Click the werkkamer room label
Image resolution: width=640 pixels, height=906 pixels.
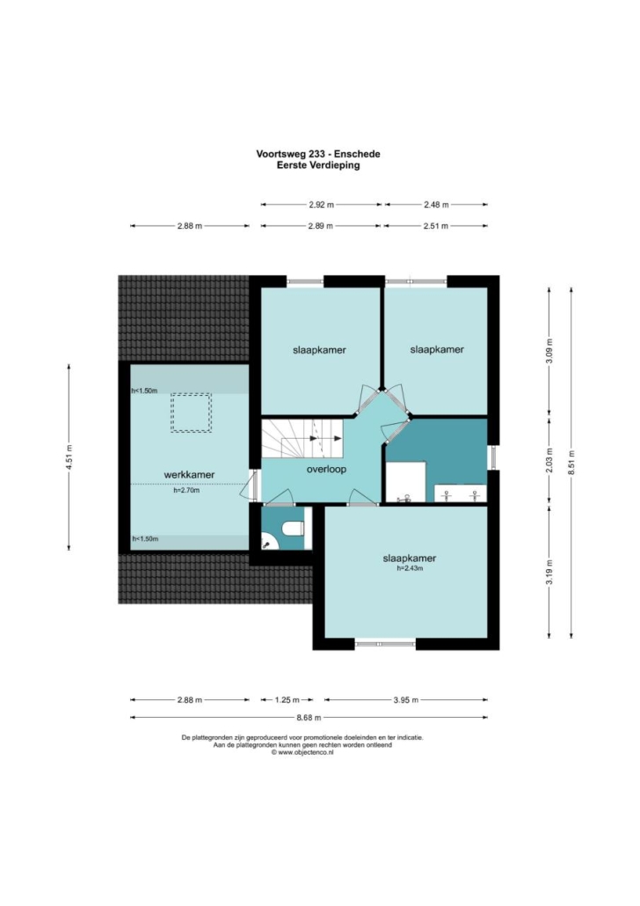189,474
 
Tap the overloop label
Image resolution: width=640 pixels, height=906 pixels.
326,469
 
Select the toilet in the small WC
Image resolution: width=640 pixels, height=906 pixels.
294,528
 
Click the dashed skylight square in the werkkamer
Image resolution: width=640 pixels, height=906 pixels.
191,413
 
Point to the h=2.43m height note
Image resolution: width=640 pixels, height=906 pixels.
410,568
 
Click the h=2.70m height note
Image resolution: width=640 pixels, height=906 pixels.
186,491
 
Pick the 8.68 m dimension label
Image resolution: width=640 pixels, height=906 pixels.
309,718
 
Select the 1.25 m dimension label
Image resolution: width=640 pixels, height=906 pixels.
287,699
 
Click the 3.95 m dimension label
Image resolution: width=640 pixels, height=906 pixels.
405,699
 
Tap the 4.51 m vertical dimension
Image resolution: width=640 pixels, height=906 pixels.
69,457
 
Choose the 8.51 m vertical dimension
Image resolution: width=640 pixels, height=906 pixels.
571,463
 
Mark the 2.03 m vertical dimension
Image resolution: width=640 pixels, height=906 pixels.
549,461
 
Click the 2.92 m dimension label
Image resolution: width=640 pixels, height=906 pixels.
321,205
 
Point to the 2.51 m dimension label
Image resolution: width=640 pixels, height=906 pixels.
435,226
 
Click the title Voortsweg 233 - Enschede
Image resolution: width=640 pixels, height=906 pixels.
318,154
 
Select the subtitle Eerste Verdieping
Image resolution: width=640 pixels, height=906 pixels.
318,165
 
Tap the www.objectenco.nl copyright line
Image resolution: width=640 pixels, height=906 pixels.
302,753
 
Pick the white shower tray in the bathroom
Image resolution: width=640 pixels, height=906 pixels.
406,481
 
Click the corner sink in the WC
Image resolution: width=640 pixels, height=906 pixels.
269,542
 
